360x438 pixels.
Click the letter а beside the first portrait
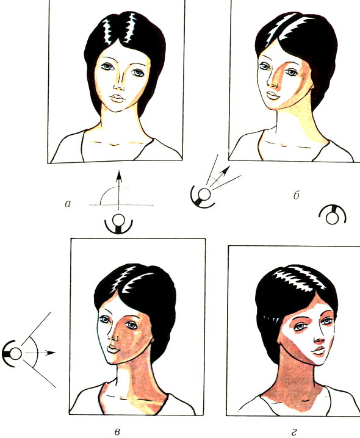(68, 204)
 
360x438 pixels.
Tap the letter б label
(297, 195)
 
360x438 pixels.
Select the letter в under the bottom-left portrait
(118, 432)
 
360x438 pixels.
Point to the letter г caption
(293, 433)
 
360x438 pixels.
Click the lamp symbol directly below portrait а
(118, 224)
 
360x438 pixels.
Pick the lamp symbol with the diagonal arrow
(203, 197)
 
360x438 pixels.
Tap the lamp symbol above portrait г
(333, 215)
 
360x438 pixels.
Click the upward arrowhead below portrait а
(119, 175)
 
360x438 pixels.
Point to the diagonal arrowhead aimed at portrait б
(226, 170)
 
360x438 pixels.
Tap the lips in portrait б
(273, 95)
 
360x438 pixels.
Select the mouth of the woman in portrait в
(113, 348)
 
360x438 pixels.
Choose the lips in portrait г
(318, 351)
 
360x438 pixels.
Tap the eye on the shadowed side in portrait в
(131, 325)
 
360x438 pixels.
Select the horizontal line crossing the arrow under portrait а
(121, 205)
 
